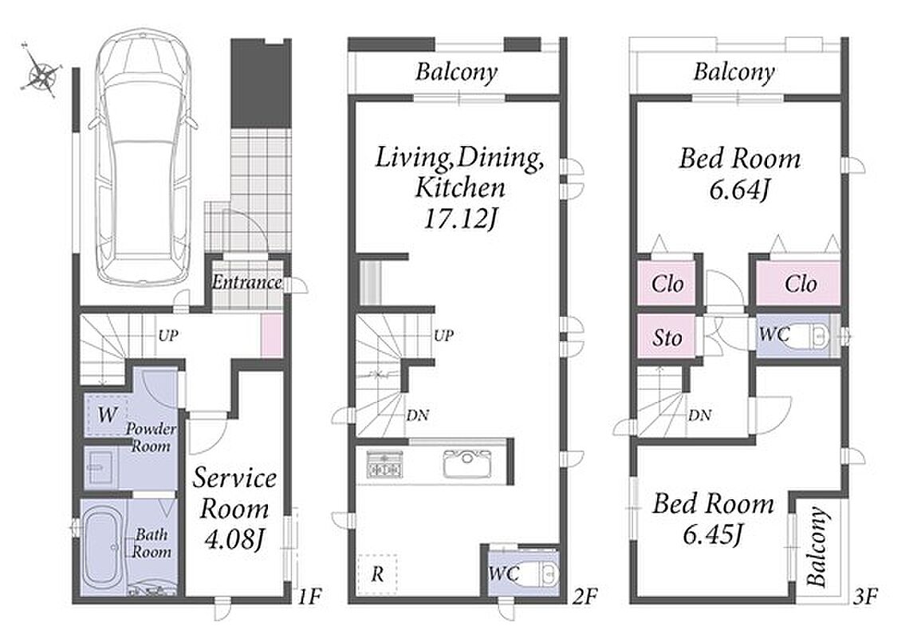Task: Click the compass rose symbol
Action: point(41,73)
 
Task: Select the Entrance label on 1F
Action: point(246,282)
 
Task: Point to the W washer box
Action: point(107,415)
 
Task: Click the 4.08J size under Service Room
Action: point(234,539)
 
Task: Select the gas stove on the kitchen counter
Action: point(384,464)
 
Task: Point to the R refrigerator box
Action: point(377,574)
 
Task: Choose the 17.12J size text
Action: point(461,219)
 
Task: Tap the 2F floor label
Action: point(584,597)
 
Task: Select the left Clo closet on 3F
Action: point(666,283)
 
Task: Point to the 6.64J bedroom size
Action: point(740,188)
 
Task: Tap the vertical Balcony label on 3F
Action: point(817,546)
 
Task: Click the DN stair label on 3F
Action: point(699,415)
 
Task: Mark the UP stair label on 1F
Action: point(167,335)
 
